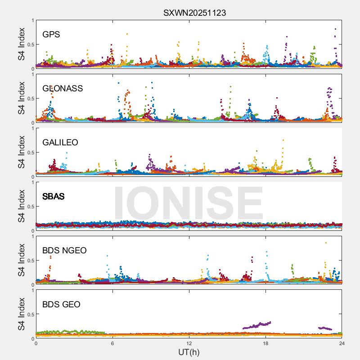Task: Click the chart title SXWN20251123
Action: coord(194,13)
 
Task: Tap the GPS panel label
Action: coord(51,34)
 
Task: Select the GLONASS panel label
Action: coord(63,88)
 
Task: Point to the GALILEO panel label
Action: coord(60,142)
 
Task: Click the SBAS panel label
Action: coord(54,196)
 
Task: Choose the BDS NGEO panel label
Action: coord(64,250)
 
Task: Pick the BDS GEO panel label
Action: coord(61,304)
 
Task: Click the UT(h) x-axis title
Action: coord(189,352)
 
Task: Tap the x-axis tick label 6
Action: coord(112,343)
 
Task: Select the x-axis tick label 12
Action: coord(189,343)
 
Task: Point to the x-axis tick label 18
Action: coord(265,343)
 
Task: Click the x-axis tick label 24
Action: coord(342,343)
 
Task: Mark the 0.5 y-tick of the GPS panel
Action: coord(30,45)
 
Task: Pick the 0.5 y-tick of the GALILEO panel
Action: coord(30,153)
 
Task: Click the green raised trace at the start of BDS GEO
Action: coord(67,332)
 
